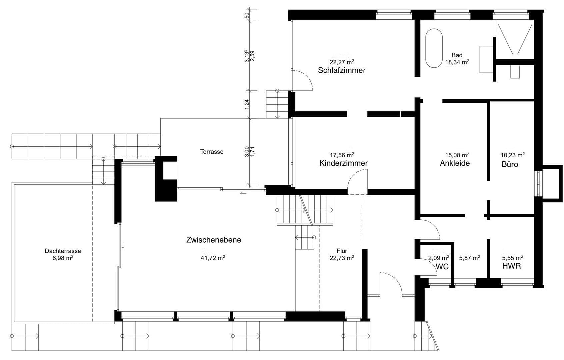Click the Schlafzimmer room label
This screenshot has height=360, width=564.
point(342,70)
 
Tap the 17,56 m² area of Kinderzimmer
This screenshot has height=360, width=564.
point(342,155)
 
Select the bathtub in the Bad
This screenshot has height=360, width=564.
point(434,48)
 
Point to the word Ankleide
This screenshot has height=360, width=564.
point(455,163)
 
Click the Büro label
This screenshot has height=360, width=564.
point(510,164)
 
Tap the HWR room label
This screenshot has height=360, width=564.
point(511,266)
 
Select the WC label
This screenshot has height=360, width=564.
point(442,267)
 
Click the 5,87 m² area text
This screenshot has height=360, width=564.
point(469,258)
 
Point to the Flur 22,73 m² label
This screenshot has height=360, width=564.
point(342,254)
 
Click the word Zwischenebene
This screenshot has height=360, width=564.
point(214,240)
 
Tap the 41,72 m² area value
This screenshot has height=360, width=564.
point(214,258)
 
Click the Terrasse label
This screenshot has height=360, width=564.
point(212,152)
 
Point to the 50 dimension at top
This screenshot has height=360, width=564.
point(247,15)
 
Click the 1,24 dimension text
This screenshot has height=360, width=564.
point(247,104)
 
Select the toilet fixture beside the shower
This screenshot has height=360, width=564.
point(515,71)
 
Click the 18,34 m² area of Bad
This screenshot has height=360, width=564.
point(457,62)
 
